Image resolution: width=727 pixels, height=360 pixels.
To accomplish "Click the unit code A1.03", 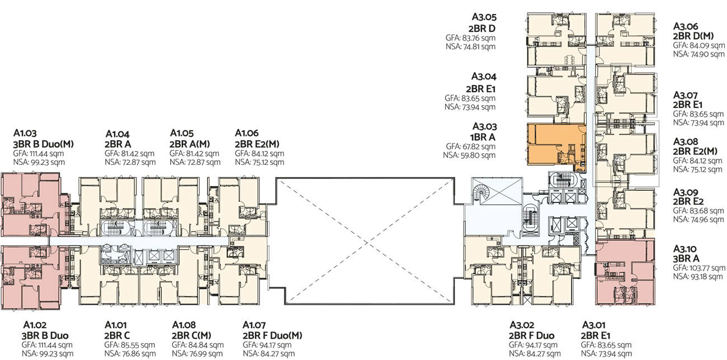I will tap(25, 134).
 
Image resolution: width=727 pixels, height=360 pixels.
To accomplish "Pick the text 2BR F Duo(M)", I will tap(272, 335).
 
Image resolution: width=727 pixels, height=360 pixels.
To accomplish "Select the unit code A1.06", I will tap(247, 133).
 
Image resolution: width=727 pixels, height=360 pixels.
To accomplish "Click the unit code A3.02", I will tap(522, 325).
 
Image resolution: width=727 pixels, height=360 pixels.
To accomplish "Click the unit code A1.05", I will tap(181, 133).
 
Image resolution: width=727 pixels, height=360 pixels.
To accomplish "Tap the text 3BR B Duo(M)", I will tap(44, 144).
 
